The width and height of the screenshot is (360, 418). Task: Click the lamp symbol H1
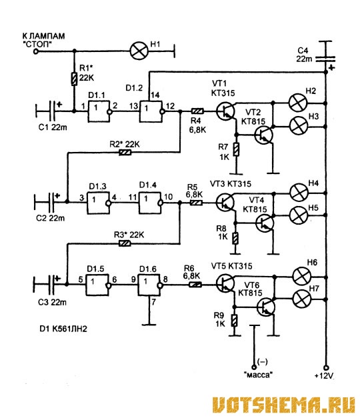tap(139, 51)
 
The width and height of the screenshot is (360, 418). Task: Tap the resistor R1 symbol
tap(75, 79)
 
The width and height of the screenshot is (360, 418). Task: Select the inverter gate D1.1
tap(99, 111)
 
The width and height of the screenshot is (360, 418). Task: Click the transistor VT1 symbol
tap(225, 111)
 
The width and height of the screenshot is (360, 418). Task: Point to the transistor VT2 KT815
tap(263, 135)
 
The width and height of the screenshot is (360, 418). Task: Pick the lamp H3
tap(299, 126)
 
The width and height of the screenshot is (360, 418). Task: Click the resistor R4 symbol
tap(197, 111)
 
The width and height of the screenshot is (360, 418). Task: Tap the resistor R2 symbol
tap(125, 152)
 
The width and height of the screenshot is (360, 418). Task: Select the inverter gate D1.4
tap(150, 203)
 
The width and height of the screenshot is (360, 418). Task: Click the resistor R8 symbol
tap(235, 238)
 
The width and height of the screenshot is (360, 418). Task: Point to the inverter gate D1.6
tap(149, 285)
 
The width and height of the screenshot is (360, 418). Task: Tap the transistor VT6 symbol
tap(265, 307)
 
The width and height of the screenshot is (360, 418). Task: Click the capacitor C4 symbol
tap(325, 59)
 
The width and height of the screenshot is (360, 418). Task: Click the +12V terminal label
tap(324, 376)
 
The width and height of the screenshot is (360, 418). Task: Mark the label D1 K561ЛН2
tap(63, 329)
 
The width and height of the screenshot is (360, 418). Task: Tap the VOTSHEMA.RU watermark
tap(284, 405)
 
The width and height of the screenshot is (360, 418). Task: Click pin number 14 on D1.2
tap(155, 95)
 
